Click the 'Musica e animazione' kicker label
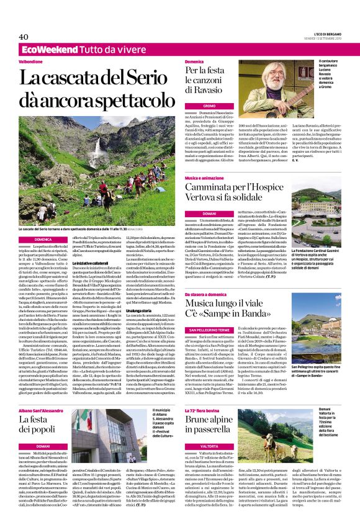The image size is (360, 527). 204,179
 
